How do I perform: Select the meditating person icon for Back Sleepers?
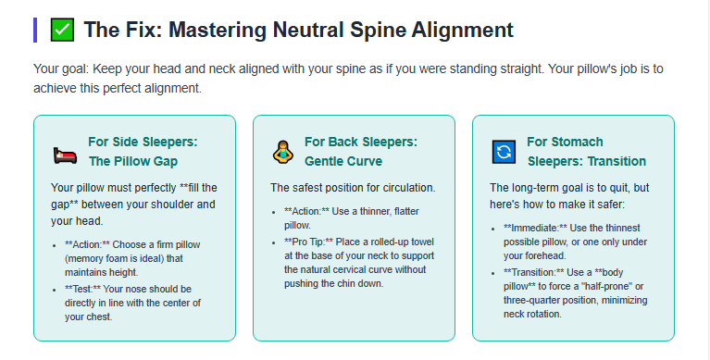282,152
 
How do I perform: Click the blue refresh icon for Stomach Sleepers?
503,152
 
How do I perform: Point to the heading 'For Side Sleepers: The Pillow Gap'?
143,152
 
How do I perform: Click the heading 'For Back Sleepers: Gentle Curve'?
361,152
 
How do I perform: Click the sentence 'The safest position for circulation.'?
353,187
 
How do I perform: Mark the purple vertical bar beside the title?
35,30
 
